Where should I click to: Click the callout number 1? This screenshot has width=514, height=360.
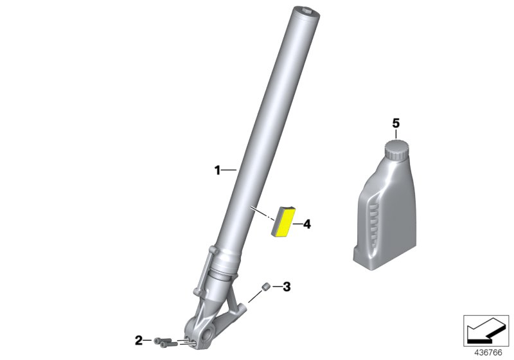(217, 170)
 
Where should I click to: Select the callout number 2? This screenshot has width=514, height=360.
(139, 340)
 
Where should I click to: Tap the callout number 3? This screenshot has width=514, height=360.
(287, 287)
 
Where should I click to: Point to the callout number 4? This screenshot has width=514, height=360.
(307, 224)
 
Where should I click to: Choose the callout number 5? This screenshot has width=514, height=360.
(396, 123)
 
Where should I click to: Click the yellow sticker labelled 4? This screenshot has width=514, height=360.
(283, 222)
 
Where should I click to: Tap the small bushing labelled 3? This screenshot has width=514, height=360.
(265, 287)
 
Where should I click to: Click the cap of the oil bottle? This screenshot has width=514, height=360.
(396, 150)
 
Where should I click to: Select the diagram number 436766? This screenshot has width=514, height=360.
(488, 353)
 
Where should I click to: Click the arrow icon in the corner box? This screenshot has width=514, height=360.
(486, 330)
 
